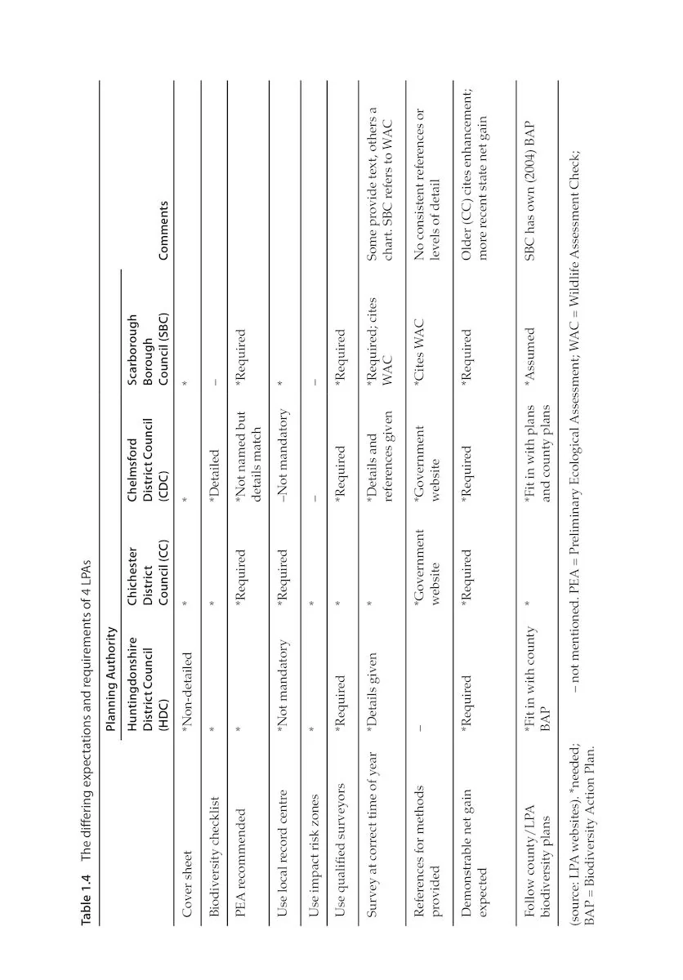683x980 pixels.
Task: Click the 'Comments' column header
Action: pyautogui.click(x=163, y=219)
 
